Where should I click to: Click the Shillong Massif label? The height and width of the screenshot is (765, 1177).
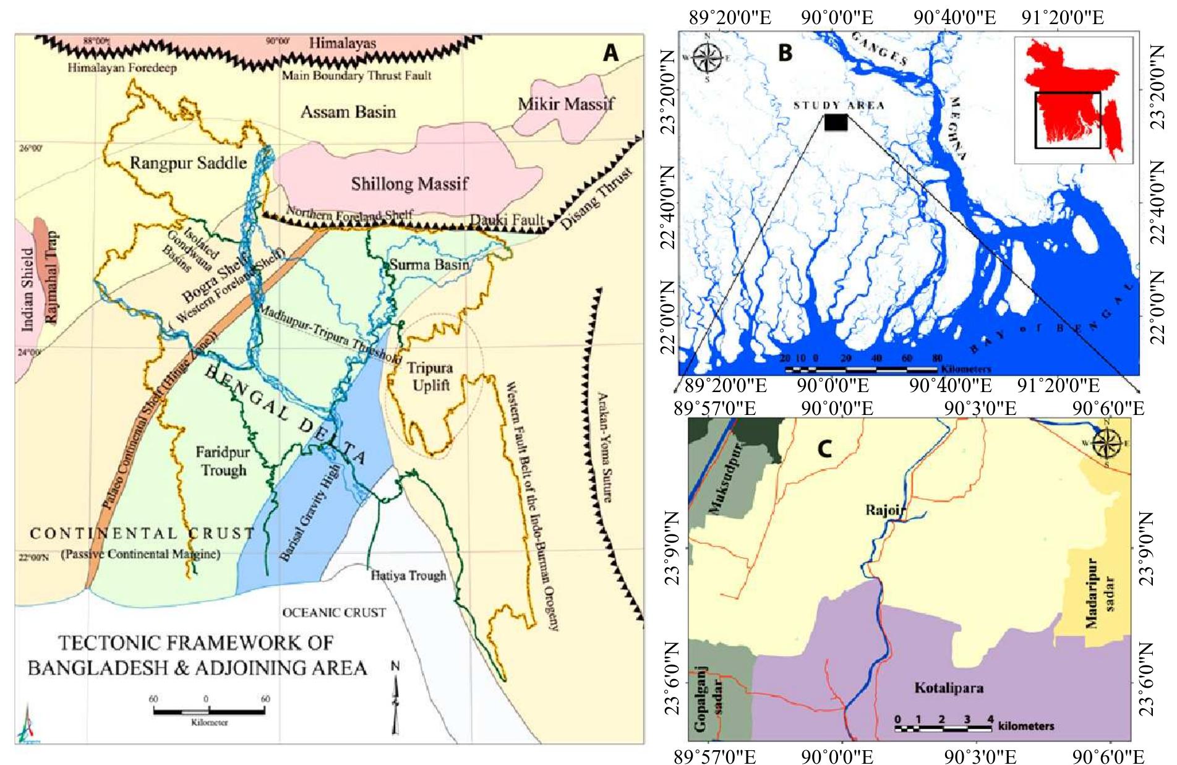tap(409, 184)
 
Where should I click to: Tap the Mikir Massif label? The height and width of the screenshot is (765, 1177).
tap(566, 103)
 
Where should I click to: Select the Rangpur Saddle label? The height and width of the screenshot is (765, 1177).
tap(188, 163)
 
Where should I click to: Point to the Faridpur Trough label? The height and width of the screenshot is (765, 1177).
tap(222, 461)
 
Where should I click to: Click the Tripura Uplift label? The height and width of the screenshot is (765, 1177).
tap(430, 376)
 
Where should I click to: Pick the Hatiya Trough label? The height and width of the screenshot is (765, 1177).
tap(408, 576)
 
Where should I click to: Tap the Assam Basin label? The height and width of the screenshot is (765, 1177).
tap(348, 112)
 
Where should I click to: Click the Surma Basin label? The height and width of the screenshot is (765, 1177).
tap(429, 265)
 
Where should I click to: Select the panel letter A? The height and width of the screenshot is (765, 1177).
tap(610, 54)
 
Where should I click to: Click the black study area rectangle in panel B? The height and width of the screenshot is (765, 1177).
tap(836, 122)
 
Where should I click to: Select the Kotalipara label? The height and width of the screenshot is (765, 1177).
tap(949, 688)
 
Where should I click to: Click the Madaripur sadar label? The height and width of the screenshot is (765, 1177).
tap(1100, 594)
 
